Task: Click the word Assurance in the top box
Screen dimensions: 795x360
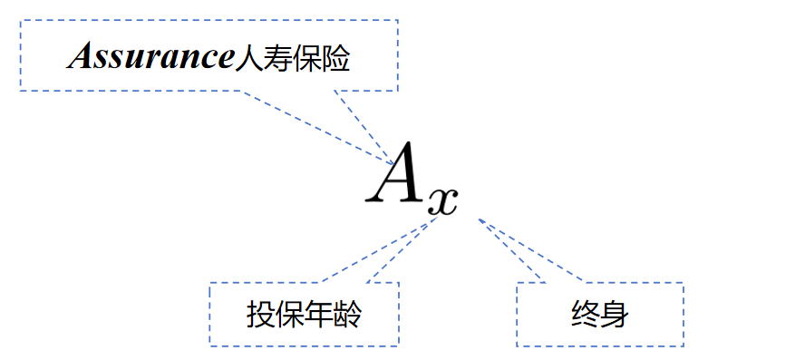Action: click(150, 58)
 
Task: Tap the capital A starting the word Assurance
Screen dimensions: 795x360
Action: click(79, 58)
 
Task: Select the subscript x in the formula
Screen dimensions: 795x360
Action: click(441, 200)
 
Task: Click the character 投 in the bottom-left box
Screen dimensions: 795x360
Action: click(261, 316)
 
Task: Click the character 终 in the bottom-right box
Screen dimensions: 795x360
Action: click(586, 316)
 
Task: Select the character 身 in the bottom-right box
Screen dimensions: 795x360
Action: click(615, 316)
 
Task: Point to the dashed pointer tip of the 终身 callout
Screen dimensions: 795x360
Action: click(478, 219)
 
